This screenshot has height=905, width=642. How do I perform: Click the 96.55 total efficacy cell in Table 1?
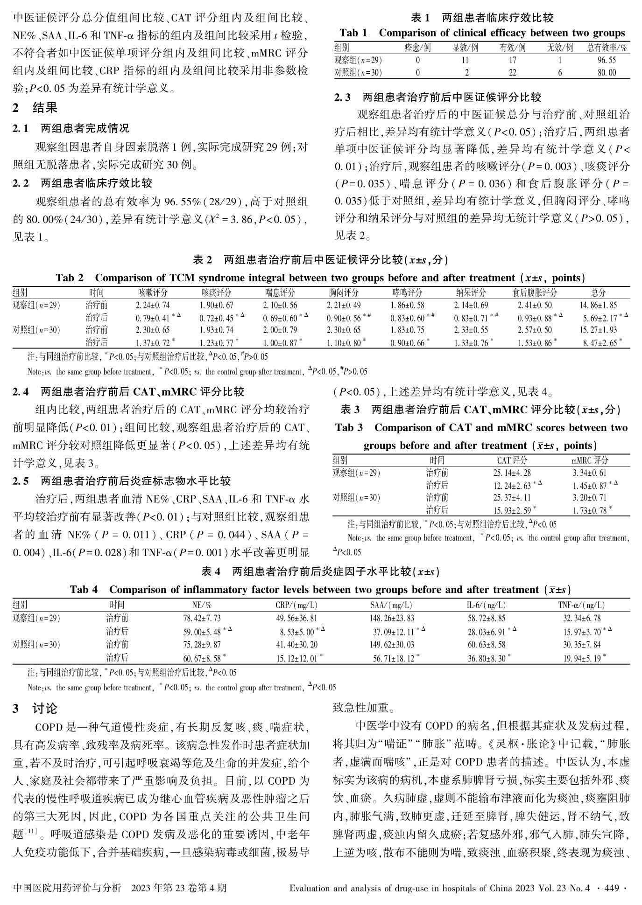tap(607, 60)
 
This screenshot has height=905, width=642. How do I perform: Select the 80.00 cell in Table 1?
tap(607, 72)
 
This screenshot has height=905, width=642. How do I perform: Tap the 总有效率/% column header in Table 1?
tap(607, 48)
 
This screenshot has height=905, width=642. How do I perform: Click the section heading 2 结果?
tap(35, 108)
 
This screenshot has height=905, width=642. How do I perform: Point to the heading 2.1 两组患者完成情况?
tap(71, 128)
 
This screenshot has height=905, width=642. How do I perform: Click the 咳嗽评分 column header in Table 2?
tap(153, 293)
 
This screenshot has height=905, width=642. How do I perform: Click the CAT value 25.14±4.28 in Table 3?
tap(512, 473)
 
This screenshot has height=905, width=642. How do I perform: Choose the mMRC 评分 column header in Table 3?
tap(590, 460)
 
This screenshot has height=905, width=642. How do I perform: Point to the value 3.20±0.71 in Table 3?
tap(590, 497)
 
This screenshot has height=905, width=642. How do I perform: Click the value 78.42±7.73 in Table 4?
tap(202, 619)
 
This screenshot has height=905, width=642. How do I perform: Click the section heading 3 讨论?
tap(35, 709)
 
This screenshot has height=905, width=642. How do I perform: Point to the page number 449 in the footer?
tap(612, 888)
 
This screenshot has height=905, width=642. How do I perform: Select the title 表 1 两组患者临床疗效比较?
tap(482, 18)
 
